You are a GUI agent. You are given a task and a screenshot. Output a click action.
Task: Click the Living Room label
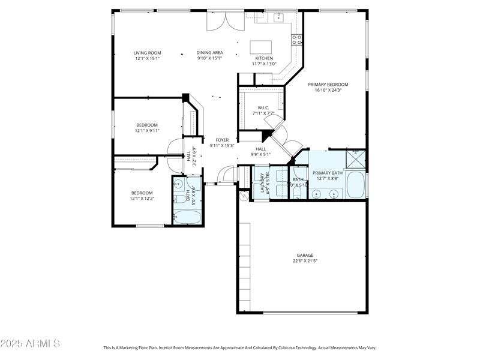point(147,53)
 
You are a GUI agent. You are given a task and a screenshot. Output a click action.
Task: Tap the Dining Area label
point(209,53)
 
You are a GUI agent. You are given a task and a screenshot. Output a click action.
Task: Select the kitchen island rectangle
point(260,47)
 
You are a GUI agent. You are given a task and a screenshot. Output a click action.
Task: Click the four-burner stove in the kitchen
point(296,40)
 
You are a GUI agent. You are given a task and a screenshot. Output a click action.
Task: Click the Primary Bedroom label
point(328,85)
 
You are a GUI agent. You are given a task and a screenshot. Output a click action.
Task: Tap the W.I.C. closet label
point(263,108)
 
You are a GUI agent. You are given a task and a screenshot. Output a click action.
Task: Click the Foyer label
point(222,140)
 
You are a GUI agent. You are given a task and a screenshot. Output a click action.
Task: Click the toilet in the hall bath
point(179,199)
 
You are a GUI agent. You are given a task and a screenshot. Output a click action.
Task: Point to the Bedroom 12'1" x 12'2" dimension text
point(142,198)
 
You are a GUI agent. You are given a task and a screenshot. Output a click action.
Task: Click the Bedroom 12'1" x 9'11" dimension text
point(146,130)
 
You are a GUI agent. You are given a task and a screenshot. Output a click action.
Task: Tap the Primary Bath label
point(328,173)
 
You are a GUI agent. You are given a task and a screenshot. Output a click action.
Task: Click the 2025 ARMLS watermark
point(30,344)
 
